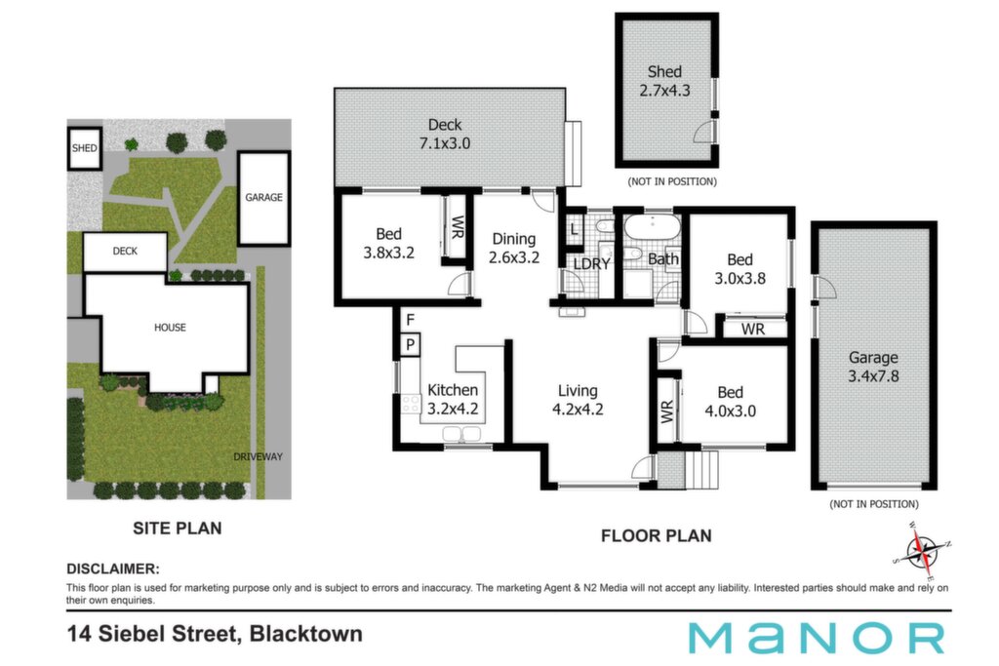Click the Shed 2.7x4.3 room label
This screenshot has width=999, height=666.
click(x=664, y=81)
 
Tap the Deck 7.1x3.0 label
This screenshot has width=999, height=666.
click(x=445, y=134)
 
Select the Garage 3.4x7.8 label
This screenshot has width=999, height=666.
click(x=873, y=367)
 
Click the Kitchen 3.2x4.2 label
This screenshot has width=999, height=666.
click(x=453, y=399)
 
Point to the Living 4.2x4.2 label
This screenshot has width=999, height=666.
click(x=578, y=400)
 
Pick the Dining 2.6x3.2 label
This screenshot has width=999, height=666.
click(x=514, y=248)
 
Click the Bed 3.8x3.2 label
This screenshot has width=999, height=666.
click(x=388, y=243)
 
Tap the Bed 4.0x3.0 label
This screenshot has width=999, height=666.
click(x=730, y=401)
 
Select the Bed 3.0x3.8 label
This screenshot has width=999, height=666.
click(x=739, y=269)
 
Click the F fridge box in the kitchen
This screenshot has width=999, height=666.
click(x=411, y=320)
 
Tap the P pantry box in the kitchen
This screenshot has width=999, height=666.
click(x=411, y=344)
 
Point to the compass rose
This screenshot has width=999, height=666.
click(x=921, y=552)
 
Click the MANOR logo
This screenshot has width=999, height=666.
click(x=817, y=638)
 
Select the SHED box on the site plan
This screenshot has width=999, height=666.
click(x=85, y=148)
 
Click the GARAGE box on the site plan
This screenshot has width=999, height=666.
click(x=263, y=198)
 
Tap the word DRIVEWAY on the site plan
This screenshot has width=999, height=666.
click(x=258, y=456)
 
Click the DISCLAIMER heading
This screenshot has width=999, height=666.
click(x=113, y=568)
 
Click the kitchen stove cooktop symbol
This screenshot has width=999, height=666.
click(x=411, y=404)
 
